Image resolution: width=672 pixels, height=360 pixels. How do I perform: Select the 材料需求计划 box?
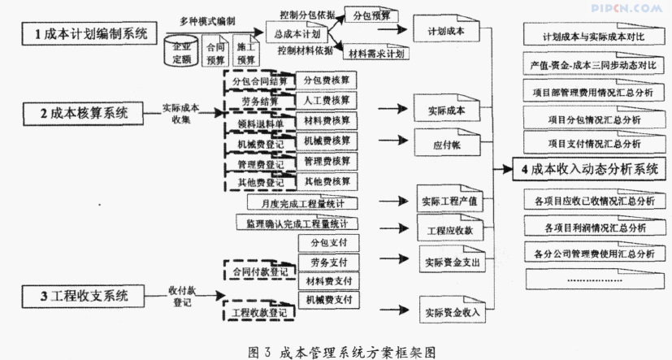375,54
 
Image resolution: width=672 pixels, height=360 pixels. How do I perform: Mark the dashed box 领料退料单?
254,123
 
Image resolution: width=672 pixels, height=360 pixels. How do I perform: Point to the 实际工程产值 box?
448,200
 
